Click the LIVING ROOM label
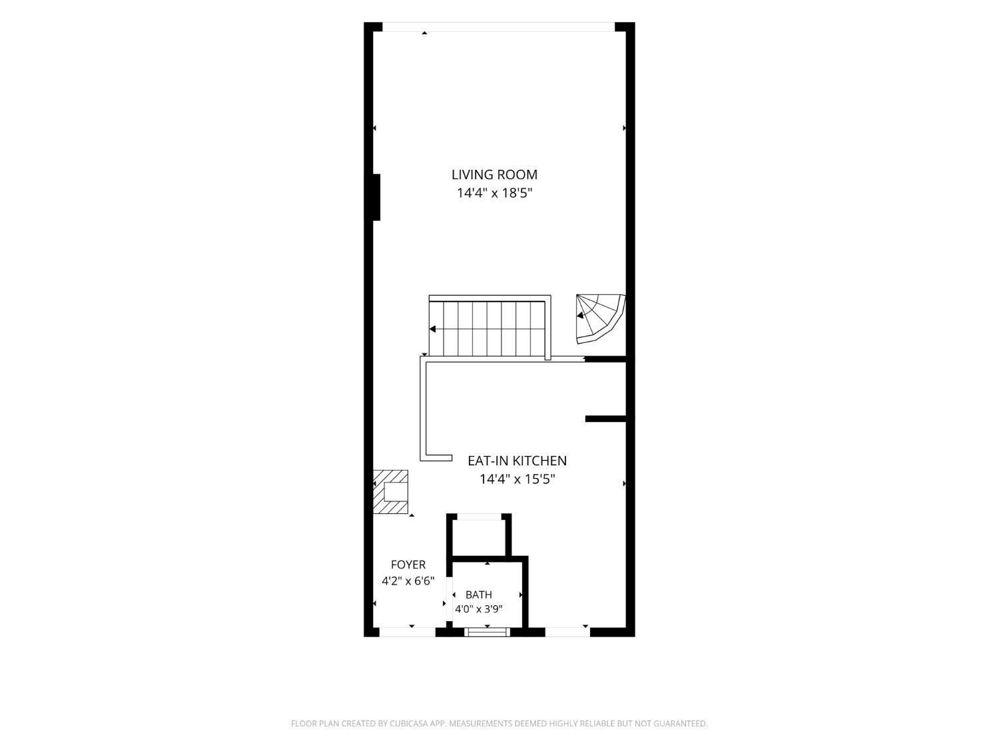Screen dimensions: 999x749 point(494,174)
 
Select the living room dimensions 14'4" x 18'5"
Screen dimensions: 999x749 point(494,193)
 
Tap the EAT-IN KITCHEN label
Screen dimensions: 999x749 point(517,461)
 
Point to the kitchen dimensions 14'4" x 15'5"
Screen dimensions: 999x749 point(517,479)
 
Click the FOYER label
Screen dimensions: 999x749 point(408,565)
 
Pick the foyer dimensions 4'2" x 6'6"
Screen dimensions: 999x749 point(408,581)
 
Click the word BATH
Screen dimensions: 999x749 point(479,595)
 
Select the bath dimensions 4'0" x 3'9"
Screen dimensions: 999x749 point(479,609)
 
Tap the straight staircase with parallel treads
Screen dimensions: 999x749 point(490,326)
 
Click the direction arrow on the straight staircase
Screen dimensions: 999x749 point(433,329)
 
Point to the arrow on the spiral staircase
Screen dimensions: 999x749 point(580,315)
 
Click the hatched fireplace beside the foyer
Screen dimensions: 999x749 point(390,491)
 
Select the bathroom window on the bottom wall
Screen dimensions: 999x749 point(487,632)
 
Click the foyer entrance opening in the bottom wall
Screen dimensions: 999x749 point(408,632)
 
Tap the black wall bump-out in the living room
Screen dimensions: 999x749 point(376,197)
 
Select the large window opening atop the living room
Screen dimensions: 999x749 point(498,27)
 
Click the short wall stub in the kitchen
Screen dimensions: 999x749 point(605,419)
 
